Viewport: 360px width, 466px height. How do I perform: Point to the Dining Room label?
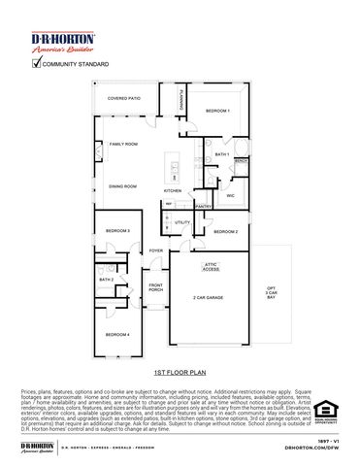point(123,185)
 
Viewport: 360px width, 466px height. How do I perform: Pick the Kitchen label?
point(173,190)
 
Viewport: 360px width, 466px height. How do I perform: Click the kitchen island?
point(175,169)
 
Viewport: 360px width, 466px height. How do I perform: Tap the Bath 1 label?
point(222,154)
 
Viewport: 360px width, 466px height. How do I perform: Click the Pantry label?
point(204,206)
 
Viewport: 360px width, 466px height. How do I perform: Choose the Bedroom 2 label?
point(225,231)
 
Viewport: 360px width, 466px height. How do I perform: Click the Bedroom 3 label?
point(118,230)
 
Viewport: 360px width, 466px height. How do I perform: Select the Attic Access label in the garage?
point(210,265)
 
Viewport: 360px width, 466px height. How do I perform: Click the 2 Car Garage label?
point(209,297)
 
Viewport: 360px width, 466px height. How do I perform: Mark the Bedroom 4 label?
point(118,334)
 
